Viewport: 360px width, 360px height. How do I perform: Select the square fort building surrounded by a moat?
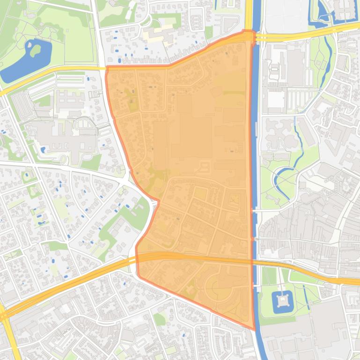pos(283,299)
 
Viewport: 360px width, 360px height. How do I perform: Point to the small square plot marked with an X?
pos(235,199)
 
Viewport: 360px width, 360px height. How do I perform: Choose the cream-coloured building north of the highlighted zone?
pos(159,35)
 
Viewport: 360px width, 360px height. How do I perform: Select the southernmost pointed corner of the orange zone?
pos(254,329)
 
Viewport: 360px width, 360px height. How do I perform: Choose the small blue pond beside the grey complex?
pos(44,150)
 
